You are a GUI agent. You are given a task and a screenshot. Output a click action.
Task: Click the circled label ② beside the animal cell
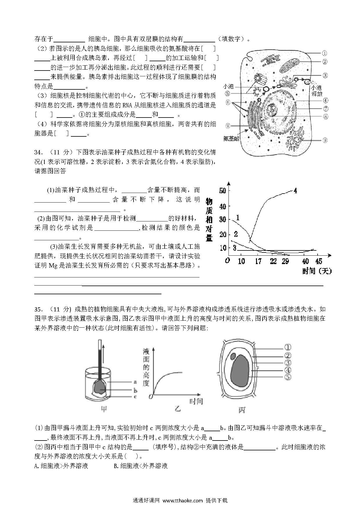[x=325, y=61]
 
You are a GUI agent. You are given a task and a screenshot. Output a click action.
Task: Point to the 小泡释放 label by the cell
[x=316, y=91]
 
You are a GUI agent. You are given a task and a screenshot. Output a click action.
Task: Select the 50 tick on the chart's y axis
[x=223, y=191]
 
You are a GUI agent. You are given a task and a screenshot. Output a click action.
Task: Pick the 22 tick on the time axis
[x=273, y=261]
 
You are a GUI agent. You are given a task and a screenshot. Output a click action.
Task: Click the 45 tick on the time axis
[x=318, y=261]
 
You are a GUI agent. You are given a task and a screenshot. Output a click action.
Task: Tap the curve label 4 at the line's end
[x=295, y=191]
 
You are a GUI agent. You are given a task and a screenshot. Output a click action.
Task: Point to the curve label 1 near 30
[x=238, y=217]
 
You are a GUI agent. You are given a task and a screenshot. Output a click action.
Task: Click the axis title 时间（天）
[x=317, y=271]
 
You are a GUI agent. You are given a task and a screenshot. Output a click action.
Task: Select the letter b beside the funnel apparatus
[x=135, y=391]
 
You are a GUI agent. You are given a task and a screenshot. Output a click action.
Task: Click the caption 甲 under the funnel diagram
[x=104, y=409]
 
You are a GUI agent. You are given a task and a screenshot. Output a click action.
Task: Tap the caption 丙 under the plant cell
[x=242, y=410]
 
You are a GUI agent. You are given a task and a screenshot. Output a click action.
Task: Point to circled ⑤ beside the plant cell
[x=287, y=377]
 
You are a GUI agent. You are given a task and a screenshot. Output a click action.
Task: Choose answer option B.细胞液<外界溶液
[x=141, y=466]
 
